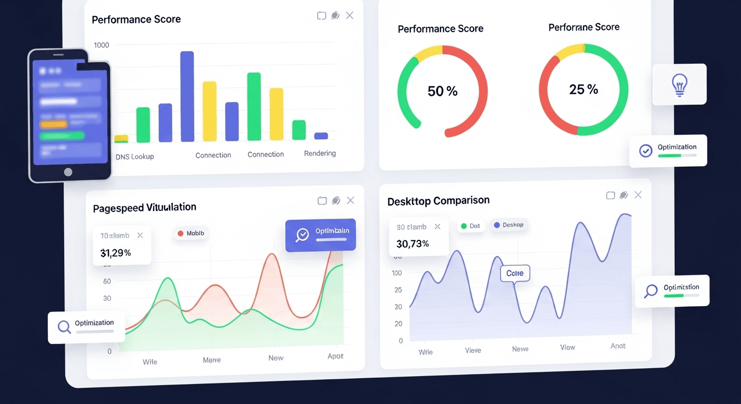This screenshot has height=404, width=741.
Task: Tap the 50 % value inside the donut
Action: (x=442, y=92)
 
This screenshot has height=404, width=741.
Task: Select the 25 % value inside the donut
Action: (x=584, y=89)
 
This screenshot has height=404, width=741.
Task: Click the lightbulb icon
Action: (x=679, y=84)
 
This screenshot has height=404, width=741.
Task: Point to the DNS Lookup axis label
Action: (x=135, y=156)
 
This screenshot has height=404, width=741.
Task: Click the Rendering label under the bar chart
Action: (x=320, y=154)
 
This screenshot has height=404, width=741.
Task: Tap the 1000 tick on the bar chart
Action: (x=102, y=45)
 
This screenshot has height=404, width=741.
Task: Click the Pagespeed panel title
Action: (x=144, y=208)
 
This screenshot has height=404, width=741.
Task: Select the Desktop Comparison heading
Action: (x=438, y=201)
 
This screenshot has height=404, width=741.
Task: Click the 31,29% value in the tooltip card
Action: (x=116, y=253)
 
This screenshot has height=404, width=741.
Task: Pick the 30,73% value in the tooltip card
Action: (x=413, y=244)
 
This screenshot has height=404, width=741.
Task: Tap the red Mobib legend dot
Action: (x=181, y=234)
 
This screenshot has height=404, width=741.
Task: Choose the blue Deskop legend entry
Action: (x=508, y=225)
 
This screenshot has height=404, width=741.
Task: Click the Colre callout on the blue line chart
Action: (x=515, y=274)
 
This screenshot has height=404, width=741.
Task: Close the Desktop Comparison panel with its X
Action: (x=638, y=195)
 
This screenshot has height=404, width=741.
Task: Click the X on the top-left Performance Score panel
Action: (x=349, y=16)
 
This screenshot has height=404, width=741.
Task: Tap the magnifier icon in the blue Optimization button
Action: (x=303, y=235)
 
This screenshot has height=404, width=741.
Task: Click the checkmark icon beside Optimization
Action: (x=646, y=151)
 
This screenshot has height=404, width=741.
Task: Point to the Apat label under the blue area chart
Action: (x=618, y=346)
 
